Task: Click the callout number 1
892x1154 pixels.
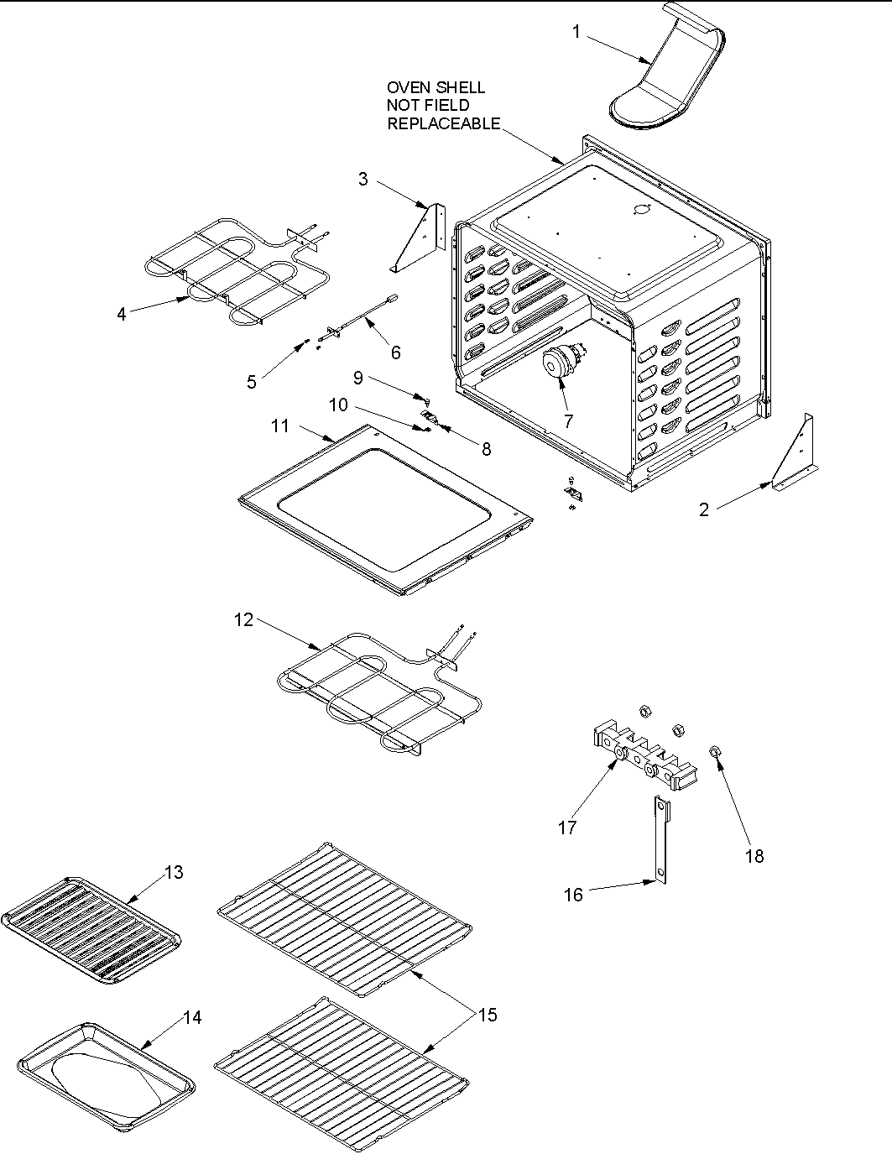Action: [x=576, y=31]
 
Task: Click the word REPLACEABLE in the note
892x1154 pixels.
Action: [x=443, y=124]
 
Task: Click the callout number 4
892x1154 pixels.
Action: [x=122, y=314]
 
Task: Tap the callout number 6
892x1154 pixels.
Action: [x=395, y=352]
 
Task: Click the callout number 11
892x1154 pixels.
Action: [x=279, y=426]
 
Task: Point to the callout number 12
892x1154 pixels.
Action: [x=243, y=620]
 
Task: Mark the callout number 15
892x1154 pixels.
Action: [x=488, y=1016]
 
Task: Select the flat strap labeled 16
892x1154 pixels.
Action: [x=661, y=839]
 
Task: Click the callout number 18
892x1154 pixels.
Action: [x=754, y=856]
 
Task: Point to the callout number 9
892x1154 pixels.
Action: [x=358, y=378]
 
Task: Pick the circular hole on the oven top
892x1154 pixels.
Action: [x=642, y=209]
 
